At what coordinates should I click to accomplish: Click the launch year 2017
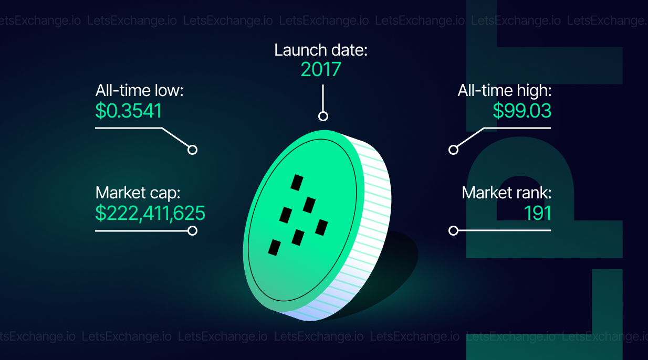coord(321,69)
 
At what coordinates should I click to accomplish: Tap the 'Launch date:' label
coord(321,50)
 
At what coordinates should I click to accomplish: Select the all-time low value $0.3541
coord(129,111)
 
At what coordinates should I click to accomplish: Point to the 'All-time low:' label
coord(139,90)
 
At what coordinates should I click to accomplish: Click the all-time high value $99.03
coord(522,111)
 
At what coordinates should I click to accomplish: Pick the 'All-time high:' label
coord(505,90)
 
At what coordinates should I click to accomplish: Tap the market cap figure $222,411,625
coord(150,214)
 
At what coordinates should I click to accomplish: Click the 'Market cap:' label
coord(138,193)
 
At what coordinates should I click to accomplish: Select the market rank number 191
coord(538,213)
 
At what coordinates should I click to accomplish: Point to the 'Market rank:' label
coord(507,193)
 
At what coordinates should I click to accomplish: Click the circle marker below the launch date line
coord(323,117)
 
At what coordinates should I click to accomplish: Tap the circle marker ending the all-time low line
coord(192,150)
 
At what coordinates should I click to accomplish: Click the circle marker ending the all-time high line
coord(453,150)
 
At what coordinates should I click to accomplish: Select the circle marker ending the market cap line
coord(192,231)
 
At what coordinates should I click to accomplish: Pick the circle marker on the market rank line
coord(453,231)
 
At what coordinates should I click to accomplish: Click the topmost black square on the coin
coord(297,183)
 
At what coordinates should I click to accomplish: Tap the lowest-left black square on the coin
coord(274,248)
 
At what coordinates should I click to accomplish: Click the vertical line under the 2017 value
coord(323,98)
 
